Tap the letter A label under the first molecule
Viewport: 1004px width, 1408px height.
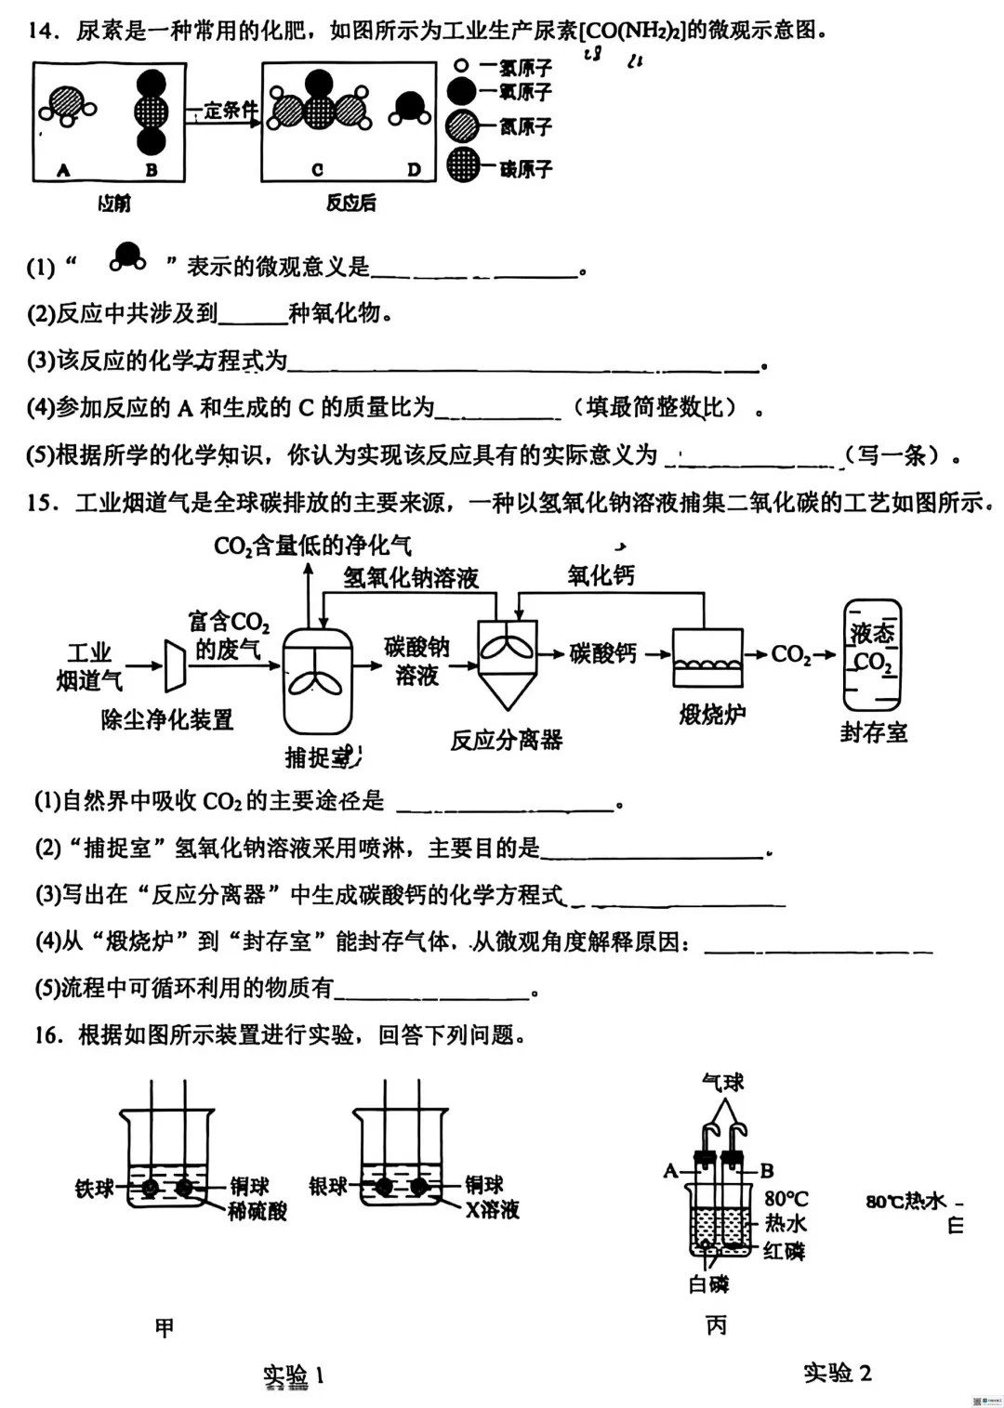(63, 170)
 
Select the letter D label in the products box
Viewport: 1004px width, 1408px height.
(414, 169)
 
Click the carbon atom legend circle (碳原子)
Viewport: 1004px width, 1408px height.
(463, 165)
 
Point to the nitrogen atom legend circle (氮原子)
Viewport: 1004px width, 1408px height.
(463, 125)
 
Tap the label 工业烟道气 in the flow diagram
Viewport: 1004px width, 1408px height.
(89, 666)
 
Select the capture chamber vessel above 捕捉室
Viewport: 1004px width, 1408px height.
(317, 678)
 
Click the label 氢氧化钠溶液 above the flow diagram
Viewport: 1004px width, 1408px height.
(411, 578)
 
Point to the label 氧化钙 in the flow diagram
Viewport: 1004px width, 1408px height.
(601, 576)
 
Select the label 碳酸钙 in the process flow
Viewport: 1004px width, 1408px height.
(603, 653)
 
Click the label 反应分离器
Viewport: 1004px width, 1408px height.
(507, 740)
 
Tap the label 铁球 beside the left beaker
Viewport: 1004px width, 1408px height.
(94, 1187)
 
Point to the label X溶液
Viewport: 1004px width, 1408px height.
(493, 1209)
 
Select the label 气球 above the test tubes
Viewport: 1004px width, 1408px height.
(722, 1082)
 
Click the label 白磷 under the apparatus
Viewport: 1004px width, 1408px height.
(709, 1284)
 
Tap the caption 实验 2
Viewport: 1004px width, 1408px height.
(837, 1373)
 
